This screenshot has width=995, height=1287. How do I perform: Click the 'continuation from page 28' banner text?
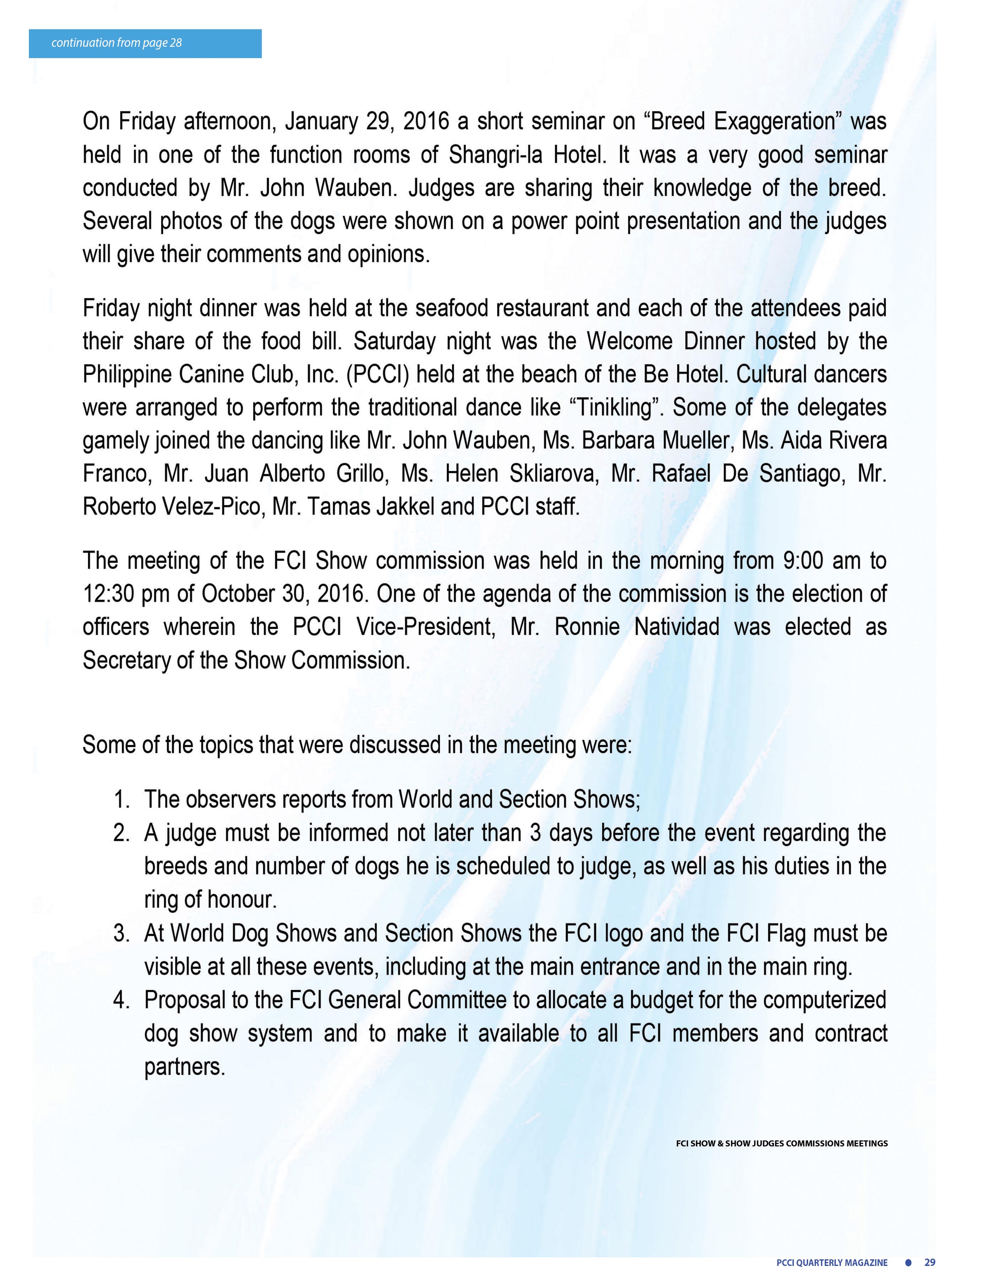116,43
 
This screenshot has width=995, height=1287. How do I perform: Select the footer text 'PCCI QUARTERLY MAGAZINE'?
832,1262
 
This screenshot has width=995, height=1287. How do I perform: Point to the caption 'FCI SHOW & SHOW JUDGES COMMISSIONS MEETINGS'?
782,1143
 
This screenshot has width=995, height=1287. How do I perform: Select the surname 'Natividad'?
676,626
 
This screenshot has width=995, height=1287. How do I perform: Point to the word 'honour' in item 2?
242,900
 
